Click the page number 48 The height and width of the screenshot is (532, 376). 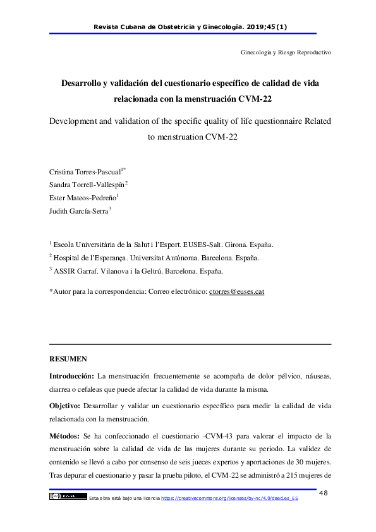[324, 493]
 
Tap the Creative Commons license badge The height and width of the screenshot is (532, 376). [67, 496]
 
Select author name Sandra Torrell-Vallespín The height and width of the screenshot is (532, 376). [87, 184]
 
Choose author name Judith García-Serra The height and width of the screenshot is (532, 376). [78, 212]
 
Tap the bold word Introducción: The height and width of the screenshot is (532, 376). [72, 375]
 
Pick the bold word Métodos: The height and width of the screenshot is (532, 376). [66, 436]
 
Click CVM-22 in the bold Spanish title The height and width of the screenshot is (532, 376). [261, 99]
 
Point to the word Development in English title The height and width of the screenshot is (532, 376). [68, 121]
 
